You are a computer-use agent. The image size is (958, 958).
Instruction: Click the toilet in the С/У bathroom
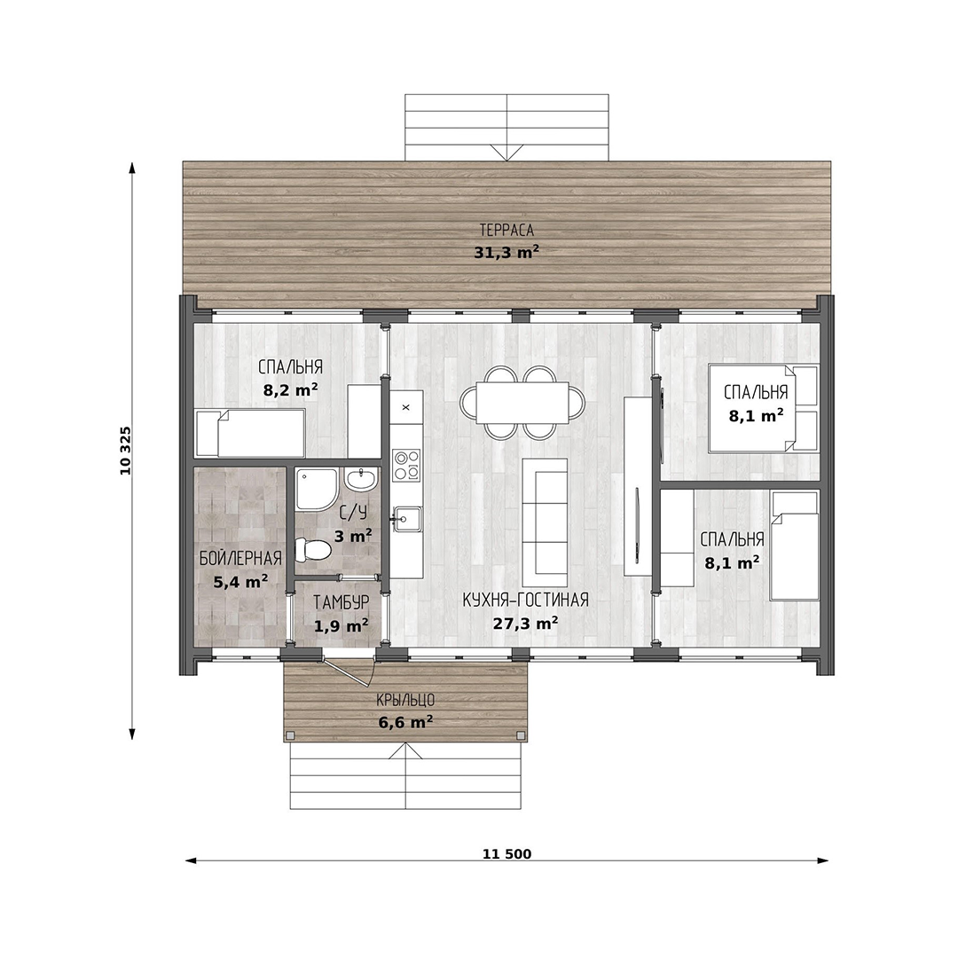313,549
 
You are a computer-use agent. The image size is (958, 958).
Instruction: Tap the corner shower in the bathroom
317,490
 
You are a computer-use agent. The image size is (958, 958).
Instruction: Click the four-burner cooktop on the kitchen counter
406,465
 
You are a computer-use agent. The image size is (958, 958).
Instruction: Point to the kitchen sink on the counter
406,519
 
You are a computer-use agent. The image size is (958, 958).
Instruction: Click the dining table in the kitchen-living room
522,403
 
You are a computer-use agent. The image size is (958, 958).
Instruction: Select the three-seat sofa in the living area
545,517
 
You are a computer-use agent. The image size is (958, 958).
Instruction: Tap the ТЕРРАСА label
506,231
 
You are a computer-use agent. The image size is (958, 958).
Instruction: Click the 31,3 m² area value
506,252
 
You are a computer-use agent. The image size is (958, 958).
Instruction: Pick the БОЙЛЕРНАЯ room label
240,559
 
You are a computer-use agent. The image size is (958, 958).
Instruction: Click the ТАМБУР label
341,602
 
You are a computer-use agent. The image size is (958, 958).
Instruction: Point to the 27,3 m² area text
525,624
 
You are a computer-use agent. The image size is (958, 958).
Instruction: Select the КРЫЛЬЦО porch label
405,700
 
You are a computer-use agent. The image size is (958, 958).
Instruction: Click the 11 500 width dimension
507,854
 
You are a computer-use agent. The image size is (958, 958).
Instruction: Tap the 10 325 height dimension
125,451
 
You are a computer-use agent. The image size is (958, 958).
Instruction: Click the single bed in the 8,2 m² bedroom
250,433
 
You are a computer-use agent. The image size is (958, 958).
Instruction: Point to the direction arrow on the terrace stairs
506,153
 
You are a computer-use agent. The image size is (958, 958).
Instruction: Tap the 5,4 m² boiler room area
240,582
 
